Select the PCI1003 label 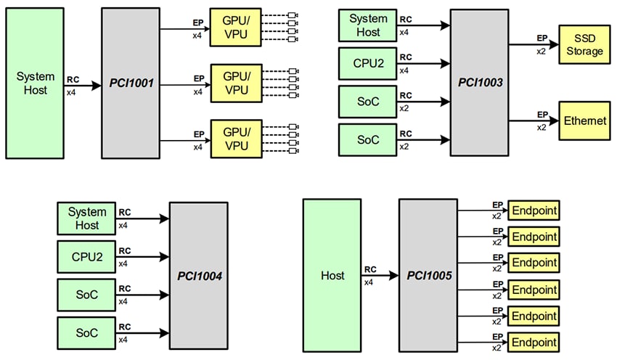coord(481,83)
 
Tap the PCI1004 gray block coord(198,276)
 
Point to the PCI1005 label coord(428,276)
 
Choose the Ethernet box coord(584,121)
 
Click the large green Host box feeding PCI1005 coord(332,276)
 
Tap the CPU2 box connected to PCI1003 coord(368,63)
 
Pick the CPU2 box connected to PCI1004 coord(86,256)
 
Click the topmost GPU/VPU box coord(236,27)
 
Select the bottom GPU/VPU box coord(236,139)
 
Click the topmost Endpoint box coord(534,211)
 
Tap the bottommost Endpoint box coord(534,342)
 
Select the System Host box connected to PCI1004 coord(86,218)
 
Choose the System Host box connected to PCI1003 coord(368,25)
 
